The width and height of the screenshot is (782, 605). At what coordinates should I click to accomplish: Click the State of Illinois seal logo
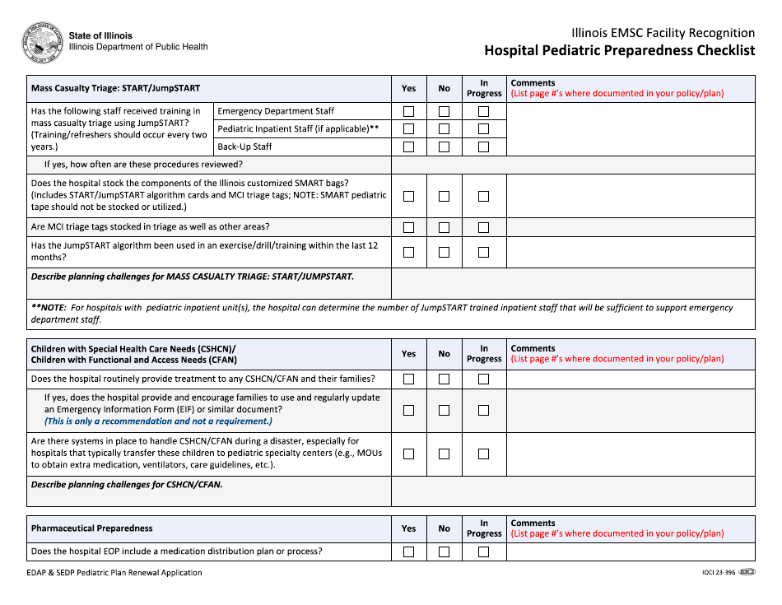point(43,43)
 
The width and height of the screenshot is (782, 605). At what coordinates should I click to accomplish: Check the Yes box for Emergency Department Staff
point(408,111)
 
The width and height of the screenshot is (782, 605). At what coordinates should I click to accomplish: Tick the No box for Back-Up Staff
point(444,147)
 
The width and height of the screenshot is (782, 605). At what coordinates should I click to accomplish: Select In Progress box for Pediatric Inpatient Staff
point(483,129)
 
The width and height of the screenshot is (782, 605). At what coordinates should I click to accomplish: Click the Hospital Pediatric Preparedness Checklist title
point(619,50)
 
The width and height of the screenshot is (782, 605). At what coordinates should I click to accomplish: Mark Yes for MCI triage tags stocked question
point(408,227)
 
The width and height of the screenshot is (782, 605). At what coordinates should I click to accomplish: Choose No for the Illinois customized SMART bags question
point(444,196)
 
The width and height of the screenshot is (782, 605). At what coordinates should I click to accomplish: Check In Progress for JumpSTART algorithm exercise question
point(483,252)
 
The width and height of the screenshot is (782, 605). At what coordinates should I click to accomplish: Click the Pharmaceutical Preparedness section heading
point(91,528)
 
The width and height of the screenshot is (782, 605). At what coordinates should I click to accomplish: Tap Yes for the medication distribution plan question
point(408,551)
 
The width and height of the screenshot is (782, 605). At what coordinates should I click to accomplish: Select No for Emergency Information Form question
point(444,410)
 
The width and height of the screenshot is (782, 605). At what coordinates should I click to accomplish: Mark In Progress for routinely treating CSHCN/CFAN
point(483,379)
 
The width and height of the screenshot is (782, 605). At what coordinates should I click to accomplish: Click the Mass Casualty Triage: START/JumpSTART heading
point(115,88)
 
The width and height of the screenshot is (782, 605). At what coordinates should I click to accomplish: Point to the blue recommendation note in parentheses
point(158,421)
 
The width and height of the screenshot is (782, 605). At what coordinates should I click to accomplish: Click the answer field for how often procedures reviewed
point(572,165)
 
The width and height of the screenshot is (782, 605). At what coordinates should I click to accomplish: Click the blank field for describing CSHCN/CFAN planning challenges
point(572,491)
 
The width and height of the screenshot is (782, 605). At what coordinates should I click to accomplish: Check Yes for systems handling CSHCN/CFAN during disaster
point(408,454)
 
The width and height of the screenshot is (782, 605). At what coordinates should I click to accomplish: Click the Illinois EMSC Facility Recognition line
point(663,33)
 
